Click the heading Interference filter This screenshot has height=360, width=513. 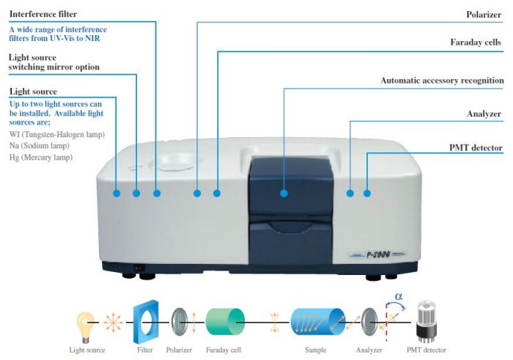click(43, 14)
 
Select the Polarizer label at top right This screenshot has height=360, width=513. click(484, 14)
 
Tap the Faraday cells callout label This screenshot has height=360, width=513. click(476, 43)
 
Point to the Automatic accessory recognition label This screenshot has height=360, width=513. click(442, 80)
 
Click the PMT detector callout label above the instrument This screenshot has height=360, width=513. click(475, 148)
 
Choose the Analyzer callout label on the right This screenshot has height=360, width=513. click(484, 114)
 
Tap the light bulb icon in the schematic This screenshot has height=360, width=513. click(87, 323)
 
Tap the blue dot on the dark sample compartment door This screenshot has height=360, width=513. click(284, 194)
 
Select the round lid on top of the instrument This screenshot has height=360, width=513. click(177, 159)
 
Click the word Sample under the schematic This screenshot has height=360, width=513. click(316, 350)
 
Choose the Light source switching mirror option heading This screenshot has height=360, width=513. click(53, 62)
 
